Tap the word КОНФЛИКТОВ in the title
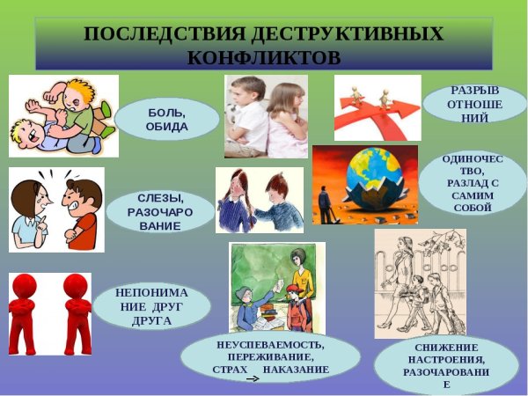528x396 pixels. pyautogui.click(x=264, y=57)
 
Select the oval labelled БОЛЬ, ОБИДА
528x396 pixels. pyautogui.click(x=167, y=120)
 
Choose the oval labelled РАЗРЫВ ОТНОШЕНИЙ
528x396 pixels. pyautogui.click(x=474, y=104)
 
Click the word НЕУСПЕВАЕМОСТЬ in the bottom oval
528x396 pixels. pyautogui.click(x=270, y=342)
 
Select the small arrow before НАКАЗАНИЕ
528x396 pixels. pyautogui.click(x=252, y=379)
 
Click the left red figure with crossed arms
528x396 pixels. pyautogui.click(x=28, y=313)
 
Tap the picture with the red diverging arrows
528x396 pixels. pyautogui.click(x=378, y=107)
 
